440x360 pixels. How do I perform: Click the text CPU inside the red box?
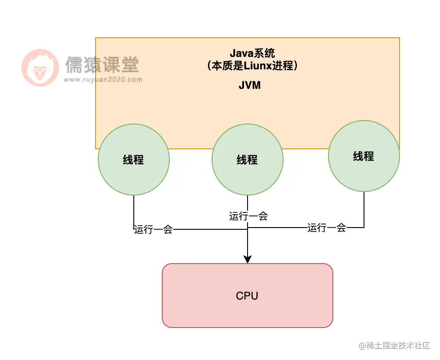(x=247, y=296)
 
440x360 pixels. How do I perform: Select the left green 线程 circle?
(x=133, y=173)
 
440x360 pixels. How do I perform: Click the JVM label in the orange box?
(x=249, y=86)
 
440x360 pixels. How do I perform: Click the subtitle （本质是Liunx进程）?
(x=252, y=66)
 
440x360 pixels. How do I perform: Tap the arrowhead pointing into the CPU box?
(x=248, y=259)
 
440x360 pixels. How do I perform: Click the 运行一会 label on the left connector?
(x=153, y=230)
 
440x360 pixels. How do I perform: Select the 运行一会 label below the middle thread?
(x=248, y=216)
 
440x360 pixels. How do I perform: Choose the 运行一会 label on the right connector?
(x=327, y=228)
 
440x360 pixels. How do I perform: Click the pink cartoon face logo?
(x=40, y=68)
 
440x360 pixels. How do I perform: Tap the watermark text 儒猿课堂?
(x=102, y=65)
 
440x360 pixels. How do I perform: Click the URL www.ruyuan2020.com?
(x=103, y=80)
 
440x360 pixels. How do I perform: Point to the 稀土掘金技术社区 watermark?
(x=395, y=345)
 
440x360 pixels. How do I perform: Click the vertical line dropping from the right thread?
(x=364, y=209)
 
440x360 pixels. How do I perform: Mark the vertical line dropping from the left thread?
(x=134, y=209)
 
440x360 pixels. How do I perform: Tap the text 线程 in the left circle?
(x=133, y=160)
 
